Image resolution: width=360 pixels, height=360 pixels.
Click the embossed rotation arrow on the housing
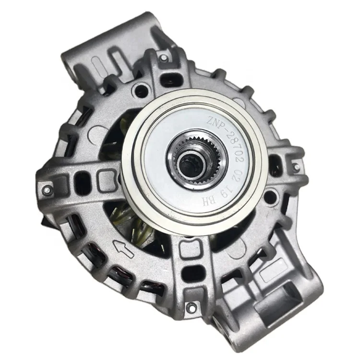(123, 249)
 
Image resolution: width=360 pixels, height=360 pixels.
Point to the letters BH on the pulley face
(209, 201)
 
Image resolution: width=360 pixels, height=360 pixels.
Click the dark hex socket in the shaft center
(190, 165)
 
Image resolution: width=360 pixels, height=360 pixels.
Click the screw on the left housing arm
(47, 190)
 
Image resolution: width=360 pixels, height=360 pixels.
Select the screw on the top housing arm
(163, 58)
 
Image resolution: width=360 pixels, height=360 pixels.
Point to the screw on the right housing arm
(297, 166)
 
